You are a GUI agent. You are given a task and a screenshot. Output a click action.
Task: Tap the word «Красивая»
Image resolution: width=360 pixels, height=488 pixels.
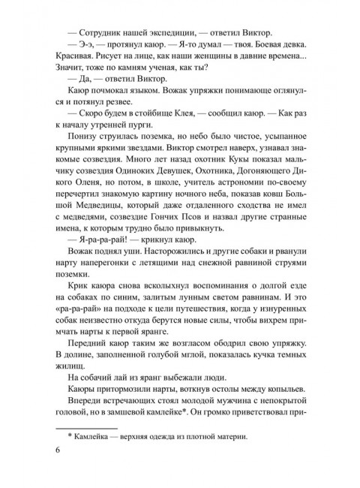(74, 63)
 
